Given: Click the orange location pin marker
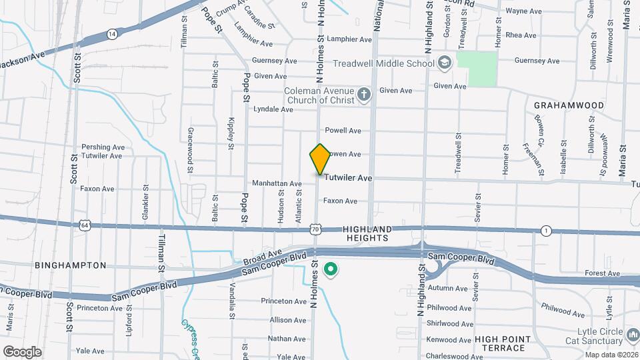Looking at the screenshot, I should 320,159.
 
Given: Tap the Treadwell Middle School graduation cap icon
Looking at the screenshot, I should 445,63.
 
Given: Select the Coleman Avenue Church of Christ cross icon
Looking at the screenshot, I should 364,95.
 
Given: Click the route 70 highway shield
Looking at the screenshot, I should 315,229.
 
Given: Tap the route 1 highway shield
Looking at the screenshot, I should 547,231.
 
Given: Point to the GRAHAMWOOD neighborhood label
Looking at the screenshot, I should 569,105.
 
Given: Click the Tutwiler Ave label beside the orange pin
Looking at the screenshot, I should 348,179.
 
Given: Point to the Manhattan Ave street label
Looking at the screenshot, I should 277,183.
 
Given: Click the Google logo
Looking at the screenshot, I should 22,351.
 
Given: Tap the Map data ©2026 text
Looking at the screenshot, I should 611,355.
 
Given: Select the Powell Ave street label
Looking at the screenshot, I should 343,131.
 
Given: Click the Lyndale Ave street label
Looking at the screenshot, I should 273,109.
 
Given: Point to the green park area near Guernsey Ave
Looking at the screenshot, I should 482,69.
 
